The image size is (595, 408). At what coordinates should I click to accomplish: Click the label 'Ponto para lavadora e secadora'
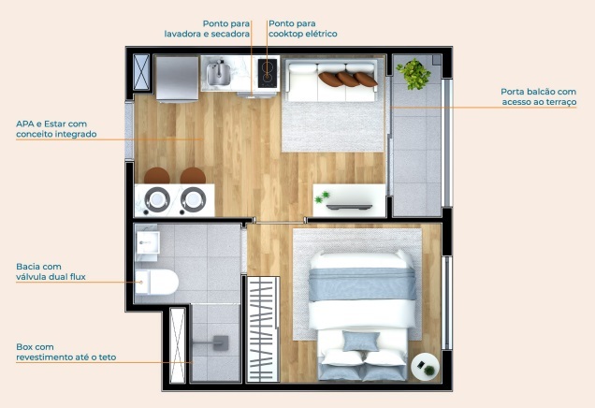click(207, 28)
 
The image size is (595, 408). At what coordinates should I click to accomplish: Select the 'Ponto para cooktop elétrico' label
click(302, 28)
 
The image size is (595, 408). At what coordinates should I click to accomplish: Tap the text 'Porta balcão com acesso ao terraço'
click(538, 97)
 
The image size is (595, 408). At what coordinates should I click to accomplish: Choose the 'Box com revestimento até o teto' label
click(65, 352)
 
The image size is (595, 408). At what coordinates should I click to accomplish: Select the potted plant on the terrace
click(413, 74)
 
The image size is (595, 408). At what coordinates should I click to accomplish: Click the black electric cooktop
click(268, 70)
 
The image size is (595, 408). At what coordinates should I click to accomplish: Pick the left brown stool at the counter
click(156, 176)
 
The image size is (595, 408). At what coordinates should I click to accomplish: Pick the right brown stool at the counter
click(193, 176)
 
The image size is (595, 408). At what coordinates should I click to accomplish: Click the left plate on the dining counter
click(155, 198)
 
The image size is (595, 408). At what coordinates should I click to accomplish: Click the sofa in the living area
click(332, 79)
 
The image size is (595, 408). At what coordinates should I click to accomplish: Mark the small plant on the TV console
click(324, 197)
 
